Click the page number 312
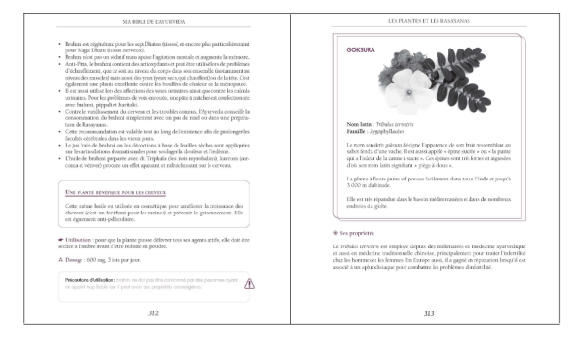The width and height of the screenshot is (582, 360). coord(153,313)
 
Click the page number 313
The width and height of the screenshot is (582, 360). coord(428,313)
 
